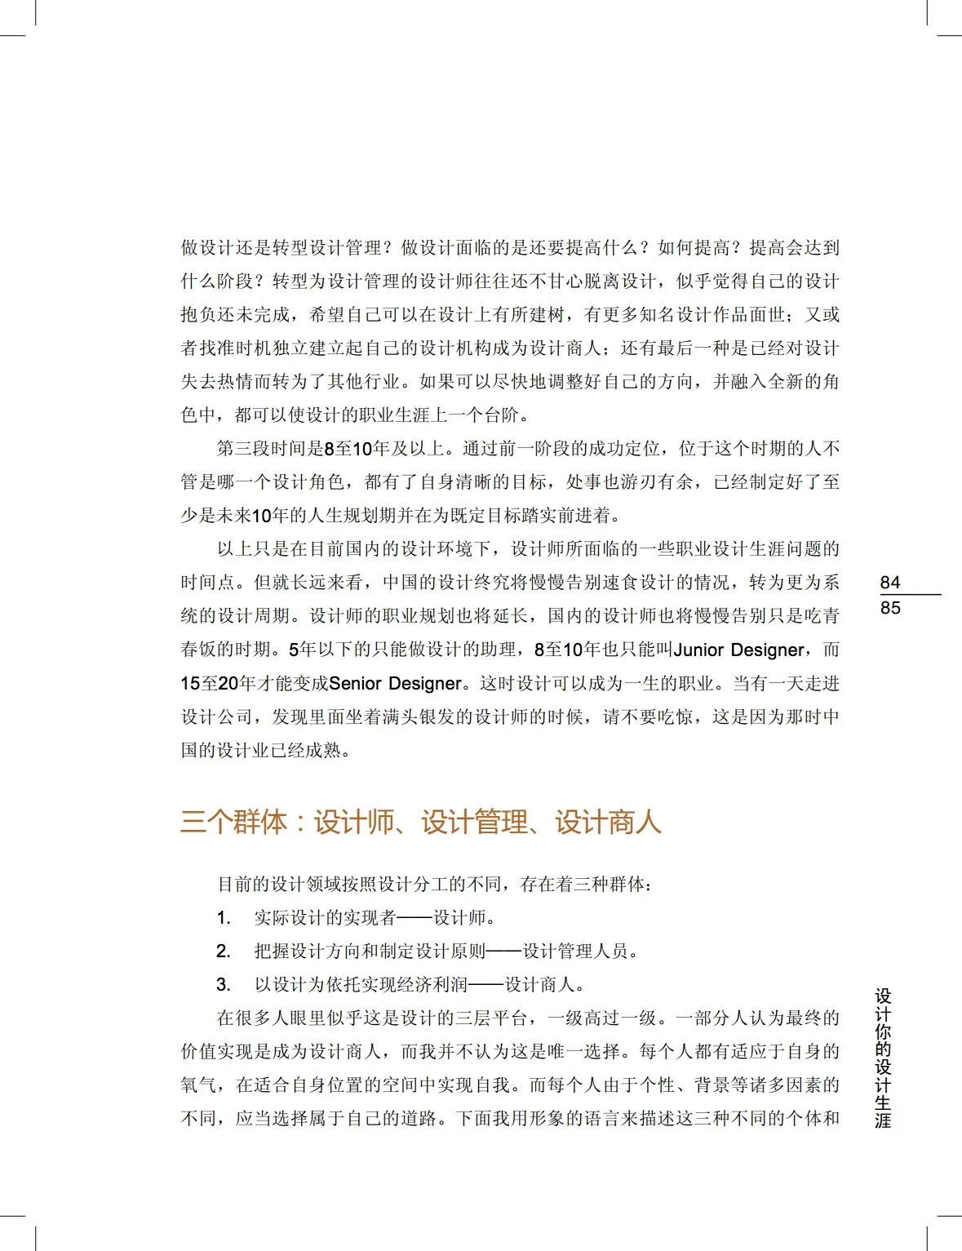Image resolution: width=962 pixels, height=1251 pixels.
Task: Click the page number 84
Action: point(890,583)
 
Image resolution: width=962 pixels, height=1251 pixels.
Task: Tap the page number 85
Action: point(890,608)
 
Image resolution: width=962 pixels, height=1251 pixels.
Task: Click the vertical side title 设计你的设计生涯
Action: point(883,1058)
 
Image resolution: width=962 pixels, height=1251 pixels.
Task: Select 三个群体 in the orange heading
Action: point(233,822)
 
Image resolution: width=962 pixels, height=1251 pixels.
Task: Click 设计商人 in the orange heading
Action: point(608,822)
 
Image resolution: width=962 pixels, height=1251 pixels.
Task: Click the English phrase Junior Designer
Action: point(739,650)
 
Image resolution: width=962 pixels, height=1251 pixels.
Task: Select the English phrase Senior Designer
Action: point(396,684)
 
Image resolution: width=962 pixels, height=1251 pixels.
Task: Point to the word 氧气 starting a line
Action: point(198,1085)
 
